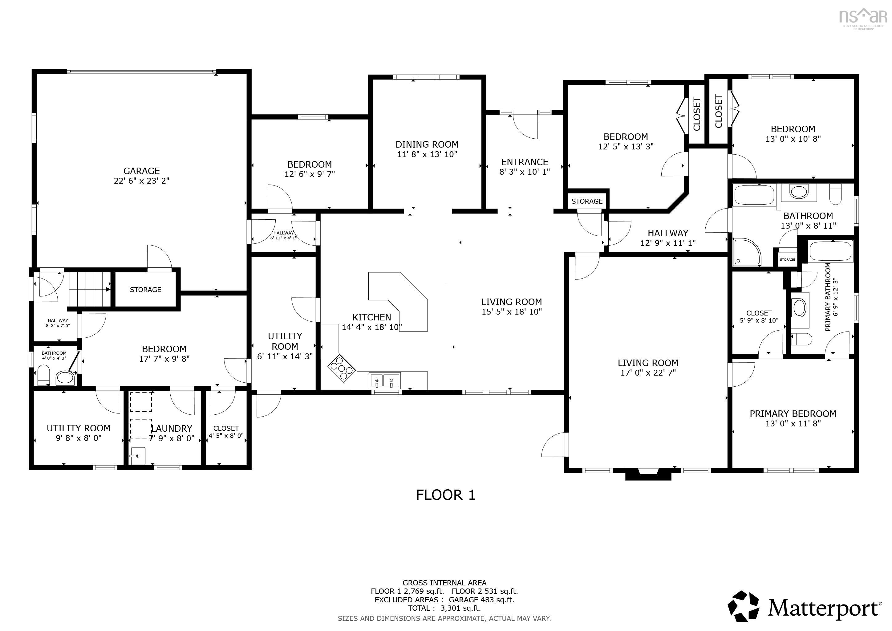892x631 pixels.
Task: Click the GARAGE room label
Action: [x=141, y=171]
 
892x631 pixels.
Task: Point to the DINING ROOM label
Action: [x=427, y=145]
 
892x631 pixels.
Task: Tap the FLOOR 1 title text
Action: [x=446, y=495]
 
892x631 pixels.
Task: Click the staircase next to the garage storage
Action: [x=89, y=289]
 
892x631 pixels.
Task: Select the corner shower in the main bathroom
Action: [x=746, y=252]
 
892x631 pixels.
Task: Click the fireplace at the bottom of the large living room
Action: [x=648, y=474]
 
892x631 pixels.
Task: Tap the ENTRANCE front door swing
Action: [x=525, y=125]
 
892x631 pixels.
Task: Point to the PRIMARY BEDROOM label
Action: [x=793, y=414]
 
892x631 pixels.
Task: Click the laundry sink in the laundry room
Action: [x=138, y=456]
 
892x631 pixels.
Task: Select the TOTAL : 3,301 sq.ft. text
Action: [x=444, y=608]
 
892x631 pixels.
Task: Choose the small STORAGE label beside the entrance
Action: [x=587, y=201]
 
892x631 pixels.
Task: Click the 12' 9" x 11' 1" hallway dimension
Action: [x=667, y=243]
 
